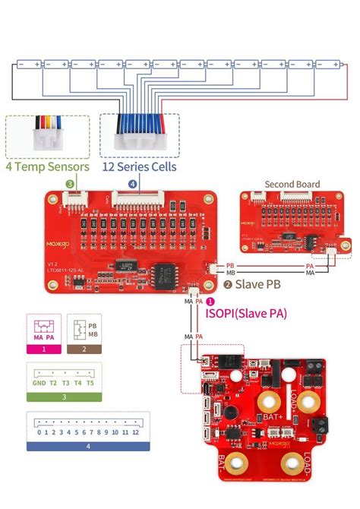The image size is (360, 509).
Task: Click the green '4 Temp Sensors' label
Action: coord(47,166)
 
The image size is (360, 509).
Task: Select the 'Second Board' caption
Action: coord(292,184)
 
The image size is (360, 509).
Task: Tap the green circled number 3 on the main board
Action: coord(70,183)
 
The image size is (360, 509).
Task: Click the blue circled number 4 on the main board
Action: coord(133,183)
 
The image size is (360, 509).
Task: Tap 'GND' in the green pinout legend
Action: coord(38,384)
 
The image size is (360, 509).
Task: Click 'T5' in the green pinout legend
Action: coord(90,384)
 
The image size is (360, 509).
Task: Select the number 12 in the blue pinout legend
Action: coord(136,432)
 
